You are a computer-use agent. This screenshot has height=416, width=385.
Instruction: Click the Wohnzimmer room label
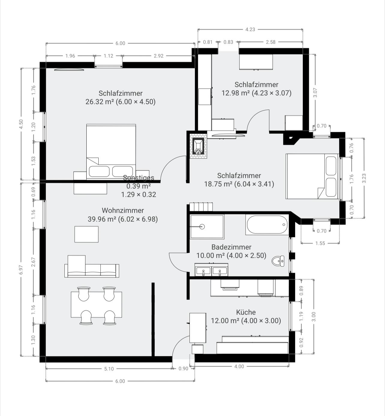click(123, 211)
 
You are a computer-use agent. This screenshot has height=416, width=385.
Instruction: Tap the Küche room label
click(246, 312)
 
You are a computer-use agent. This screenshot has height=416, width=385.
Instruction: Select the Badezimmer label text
click(231, 247)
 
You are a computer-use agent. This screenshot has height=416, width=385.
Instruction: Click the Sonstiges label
click(139, 178)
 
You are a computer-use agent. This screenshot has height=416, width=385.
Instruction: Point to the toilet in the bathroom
click(279, 261)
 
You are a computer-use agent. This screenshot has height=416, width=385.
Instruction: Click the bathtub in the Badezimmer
click(267, 225)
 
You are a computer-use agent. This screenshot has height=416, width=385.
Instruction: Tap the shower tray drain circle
click(202, 227)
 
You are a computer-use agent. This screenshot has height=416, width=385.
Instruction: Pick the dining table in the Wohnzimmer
click(96, 304)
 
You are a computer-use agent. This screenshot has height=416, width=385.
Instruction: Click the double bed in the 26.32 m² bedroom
click(111, 152)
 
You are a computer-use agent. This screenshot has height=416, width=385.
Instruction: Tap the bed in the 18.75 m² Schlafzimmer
click(312, 176)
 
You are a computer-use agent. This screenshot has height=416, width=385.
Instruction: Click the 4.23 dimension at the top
click(250, 29)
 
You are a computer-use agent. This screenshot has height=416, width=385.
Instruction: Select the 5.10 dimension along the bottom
click(109, 369)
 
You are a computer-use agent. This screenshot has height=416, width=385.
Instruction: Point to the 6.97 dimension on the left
click(21, 270)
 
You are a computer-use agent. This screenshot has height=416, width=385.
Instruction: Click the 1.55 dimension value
click(320, 243)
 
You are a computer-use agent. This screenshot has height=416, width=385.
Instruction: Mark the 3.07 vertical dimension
click(315, 93)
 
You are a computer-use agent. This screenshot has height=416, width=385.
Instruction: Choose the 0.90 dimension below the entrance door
click(183, 369)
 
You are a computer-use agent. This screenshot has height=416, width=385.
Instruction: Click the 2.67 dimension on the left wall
click(33, 262)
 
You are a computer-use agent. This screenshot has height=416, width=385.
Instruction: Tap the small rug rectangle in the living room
click(86, 234)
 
